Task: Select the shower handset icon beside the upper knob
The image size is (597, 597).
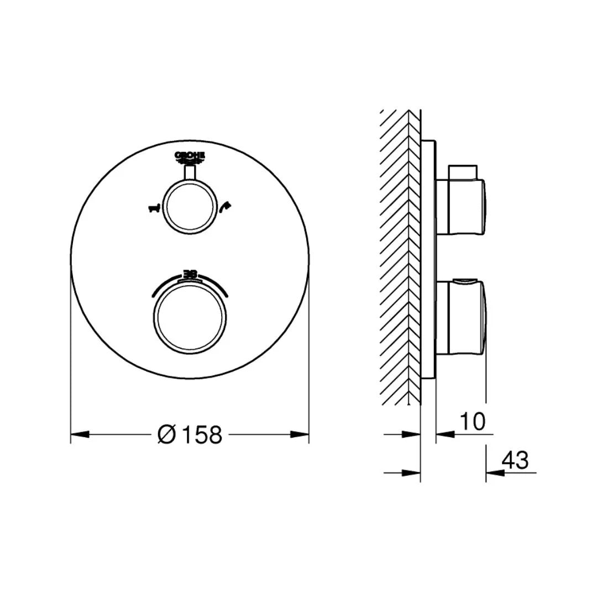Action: point(224,207)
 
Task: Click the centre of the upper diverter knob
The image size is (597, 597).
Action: point(190,205)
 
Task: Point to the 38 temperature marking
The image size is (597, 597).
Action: point(190,274)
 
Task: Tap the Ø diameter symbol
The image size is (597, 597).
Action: point(166,435)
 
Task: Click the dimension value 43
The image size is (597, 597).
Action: point(515,460)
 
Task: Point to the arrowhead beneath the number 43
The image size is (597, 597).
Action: point(495,473)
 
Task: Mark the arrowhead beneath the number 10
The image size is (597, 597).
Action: point(445,434)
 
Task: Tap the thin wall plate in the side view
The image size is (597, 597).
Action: point(428,260)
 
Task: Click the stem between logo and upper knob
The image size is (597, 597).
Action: point(190,172)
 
